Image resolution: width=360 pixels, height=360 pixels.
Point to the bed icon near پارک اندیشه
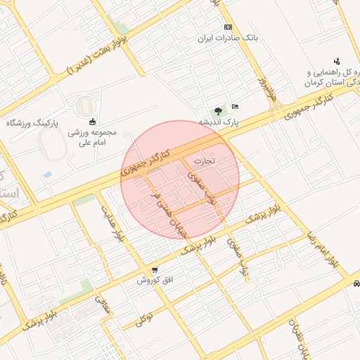(236, 105)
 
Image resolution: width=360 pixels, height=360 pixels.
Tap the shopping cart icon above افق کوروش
(155, 270)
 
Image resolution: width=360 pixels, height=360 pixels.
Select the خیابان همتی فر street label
(162, 203)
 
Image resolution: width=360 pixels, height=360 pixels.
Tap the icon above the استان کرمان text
(337, 60)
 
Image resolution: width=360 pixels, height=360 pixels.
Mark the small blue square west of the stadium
(47, 174)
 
